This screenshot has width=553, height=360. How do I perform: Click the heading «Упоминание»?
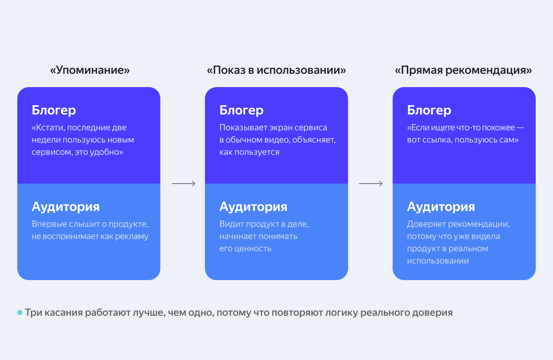(x=90, y=70)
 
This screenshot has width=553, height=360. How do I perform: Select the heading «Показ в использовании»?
(x=276, y=70)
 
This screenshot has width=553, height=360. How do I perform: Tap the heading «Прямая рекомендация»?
(x=463, y=70)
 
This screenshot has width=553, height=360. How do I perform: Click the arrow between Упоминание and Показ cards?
(x=183, y=184)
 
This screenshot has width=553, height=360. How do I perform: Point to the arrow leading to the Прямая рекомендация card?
(x=370, y=184)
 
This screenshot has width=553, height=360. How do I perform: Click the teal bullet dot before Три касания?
(x=20, y=312)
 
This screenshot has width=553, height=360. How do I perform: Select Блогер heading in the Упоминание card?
(x=54, y=110)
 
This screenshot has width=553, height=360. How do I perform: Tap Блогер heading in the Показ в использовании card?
(x=242, y=110)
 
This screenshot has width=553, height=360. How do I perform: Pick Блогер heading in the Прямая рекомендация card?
(x=429, y=110)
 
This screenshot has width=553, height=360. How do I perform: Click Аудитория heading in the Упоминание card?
(x=66, y=207)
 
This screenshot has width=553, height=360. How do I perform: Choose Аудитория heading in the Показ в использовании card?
(x=253, y=207)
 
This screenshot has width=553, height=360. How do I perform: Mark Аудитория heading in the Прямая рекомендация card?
(x=441, y=207)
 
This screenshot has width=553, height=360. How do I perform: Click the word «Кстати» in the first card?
(x=48, y=128)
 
